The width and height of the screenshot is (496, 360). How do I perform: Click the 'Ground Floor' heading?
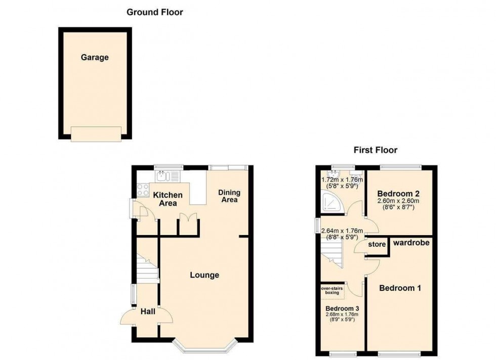pyautogui.click(x=154, y=12)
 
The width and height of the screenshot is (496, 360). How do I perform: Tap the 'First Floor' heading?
pyautogui.click(x=375, y=150)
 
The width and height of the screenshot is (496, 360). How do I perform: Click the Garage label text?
pyautogui.click(x=95, y=58)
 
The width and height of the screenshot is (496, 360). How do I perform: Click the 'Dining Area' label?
pyautogui.click(x=229, y=196)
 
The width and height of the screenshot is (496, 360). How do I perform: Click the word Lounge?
pyautogui.click(x=204, y=275)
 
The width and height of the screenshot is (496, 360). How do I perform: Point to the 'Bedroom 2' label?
pyautogui.click(x=399, y=194)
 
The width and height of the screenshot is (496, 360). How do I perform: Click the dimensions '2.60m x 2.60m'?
pyautogui.click(x=399, y=201)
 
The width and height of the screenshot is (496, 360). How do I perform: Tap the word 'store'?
pyautogui.click(x=377, y=245)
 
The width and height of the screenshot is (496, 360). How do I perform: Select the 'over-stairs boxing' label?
pyautogui.click(x=332, y=291)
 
